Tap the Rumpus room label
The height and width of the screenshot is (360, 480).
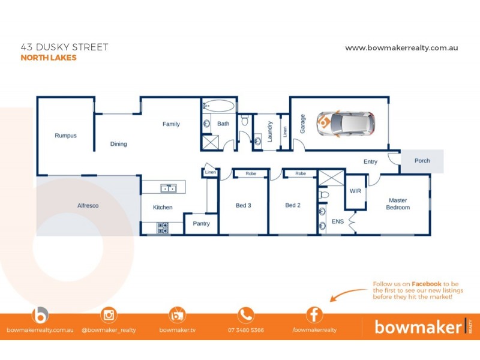(x=65, y=136)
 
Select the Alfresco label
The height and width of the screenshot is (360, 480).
(x=88, y=206)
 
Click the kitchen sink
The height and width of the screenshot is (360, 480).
(x=167, y=188)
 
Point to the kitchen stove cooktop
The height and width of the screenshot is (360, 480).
(x=163, y=227)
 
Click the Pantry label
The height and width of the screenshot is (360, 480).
(x=201, y=223)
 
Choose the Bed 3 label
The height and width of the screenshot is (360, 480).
(x=243, y=205)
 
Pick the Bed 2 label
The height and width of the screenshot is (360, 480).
(x=292, y=205)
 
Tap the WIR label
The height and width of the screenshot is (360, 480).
(x=355, y=191)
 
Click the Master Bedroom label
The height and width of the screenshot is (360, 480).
(x=398, y=204)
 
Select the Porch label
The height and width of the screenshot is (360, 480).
(x=422, y=161)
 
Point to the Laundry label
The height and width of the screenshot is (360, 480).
(x=271, y=132)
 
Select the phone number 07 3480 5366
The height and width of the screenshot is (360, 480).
(x=245, y=330)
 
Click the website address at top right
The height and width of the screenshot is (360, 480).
(x=401, y=48)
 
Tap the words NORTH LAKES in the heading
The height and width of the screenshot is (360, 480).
(x=49, y=58)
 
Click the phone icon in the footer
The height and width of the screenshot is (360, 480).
(x=245, y=314)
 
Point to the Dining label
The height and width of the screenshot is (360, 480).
(x=118, y=144)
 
